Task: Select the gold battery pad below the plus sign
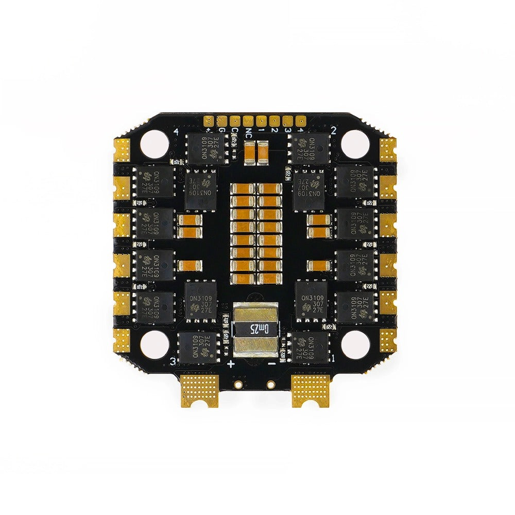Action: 199,389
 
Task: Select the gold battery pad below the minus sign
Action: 311,389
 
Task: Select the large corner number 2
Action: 334,130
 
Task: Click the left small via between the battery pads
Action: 238,384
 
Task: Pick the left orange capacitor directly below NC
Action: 250,153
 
